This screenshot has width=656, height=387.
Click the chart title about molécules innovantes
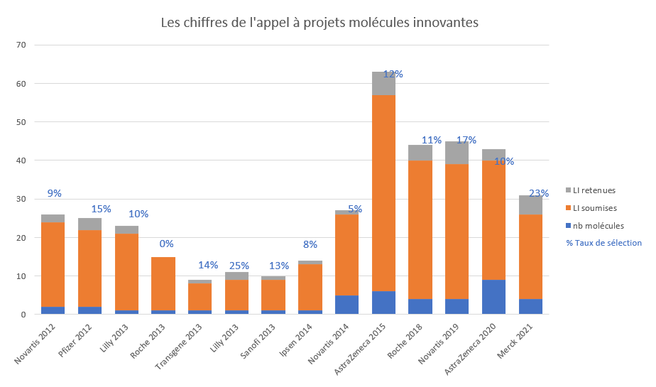[x=319, y=23]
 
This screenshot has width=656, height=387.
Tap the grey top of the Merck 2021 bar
[x=531, y=205]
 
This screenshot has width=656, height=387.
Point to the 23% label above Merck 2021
[x=538, y=192]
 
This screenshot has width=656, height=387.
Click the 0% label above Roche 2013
[x=166, y=244]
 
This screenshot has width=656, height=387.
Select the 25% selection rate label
[x=239, y=266]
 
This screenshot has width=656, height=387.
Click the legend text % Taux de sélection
[x=603, y=243]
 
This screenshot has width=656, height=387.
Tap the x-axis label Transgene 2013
[x=180, y=344]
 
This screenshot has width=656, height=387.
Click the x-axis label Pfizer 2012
[x=75, y=340]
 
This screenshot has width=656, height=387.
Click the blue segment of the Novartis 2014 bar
[x=346, y=305]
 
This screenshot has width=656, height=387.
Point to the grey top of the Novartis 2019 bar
[x=457, y=153]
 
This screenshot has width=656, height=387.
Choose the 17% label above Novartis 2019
[x=466, y=140]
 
